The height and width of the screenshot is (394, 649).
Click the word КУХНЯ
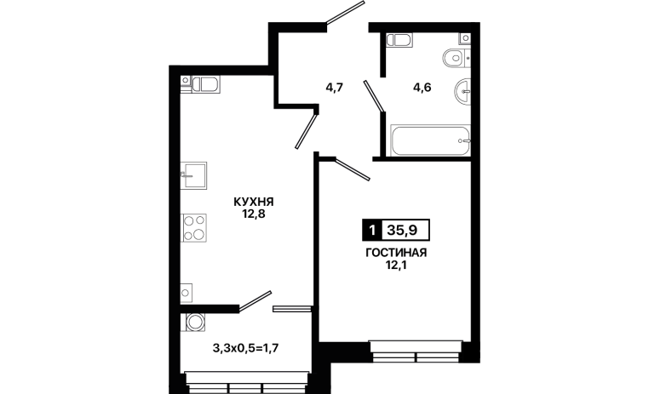[254, 202]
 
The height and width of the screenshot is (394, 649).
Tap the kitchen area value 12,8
[254, 214]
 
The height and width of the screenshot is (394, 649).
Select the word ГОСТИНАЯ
[396, 253]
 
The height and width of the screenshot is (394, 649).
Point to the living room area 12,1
[396, 266]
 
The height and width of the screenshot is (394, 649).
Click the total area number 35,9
[402, 230]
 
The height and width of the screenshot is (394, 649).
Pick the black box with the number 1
[372, 230]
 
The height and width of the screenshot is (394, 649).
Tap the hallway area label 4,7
[335, 88]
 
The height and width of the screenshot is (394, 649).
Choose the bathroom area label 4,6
[422, 88]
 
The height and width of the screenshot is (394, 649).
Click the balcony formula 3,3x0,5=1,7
[245, 349]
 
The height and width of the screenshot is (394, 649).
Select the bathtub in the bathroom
[430, 141]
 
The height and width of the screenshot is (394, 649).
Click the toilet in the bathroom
[457, 58]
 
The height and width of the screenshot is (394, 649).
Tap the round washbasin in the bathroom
[462, 90]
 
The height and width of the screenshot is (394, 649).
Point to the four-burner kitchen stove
[194, 228]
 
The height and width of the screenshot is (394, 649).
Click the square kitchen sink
[193, 175]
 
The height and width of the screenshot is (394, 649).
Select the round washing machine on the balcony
[193, 322]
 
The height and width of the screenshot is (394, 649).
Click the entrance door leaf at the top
[345, 13]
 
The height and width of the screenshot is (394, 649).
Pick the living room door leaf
[352, 168]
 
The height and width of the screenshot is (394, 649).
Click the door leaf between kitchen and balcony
[256, 300]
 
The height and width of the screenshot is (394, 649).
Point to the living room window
[416, 351]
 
